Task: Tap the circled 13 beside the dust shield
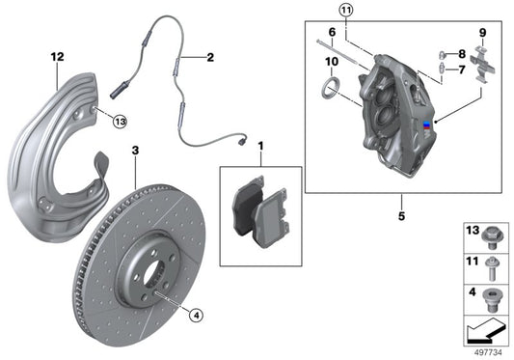119,121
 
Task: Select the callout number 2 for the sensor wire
209,58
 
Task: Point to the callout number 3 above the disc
135,151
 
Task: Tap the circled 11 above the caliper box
346,11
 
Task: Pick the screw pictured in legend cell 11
492,264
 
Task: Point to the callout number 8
463,54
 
